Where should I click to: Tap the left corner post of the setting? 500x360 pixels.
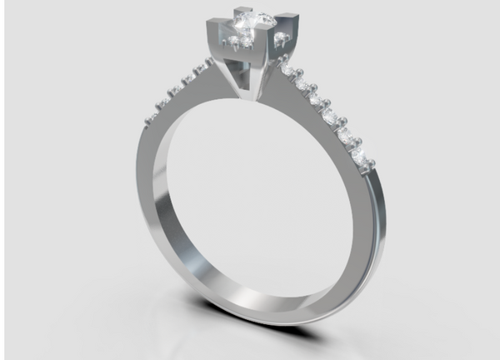[x=210, y=37]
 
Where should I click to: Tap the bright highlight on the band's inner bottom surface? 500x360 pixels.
[x=250, y=292]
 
